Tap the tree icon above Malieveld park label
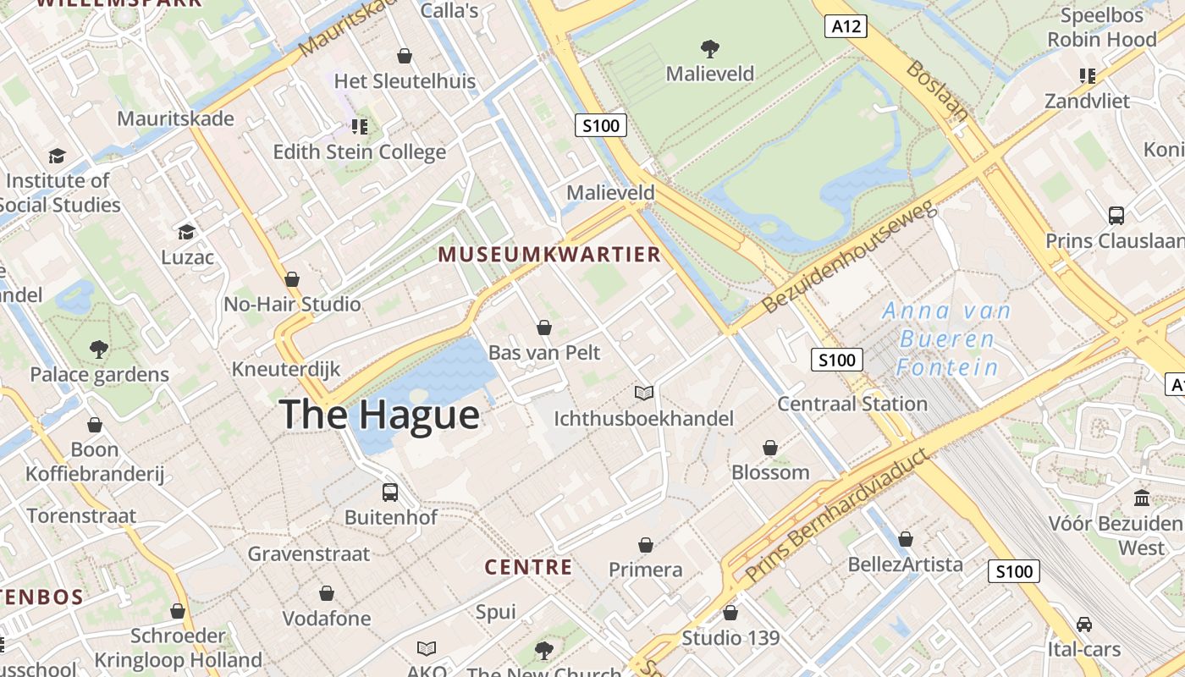pos(709,48)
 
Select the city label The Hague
pos(379,415)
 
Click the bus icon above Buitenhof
pos(389,493)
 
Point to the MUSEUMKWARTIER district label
pos(548,255)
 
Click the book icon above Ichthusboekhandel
pos(644,393)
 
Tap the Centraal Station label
pos(852,404)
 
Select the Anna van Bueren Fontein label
pos(947,338)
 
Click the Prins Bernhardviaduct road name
pos(837,517)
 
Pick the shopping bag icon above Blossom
pos(770,448)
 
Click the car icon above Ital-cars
pos(1083,625)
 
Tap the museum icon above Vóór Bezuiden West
pos(1141,498)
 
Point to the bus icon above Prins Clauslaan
pos(1116,215)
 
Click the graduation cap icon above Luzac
pos(186,232)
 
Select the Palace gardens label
pos(99,374)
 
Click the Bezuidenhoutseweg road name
pos(849,257)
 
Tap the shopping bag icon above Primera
pos(646,545)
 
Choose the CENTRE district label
pos(528,567)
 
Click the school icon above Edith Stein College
pos(359,127)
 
